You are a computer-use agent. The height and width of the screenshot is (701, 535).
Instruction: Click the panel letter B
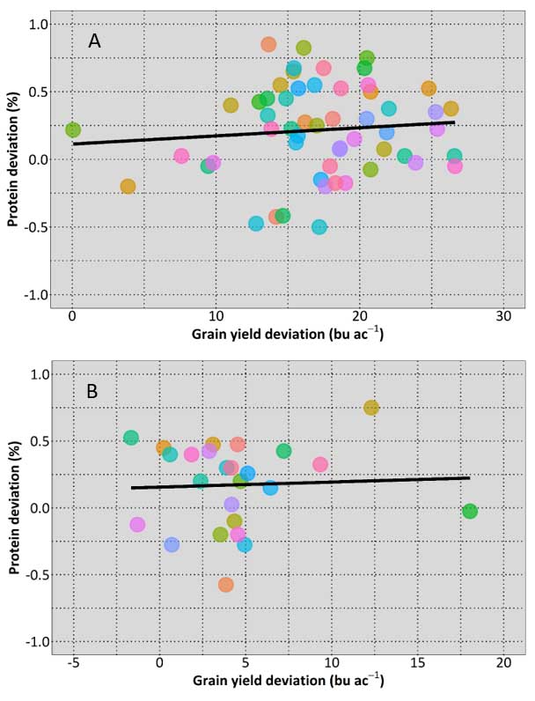coord(92,391)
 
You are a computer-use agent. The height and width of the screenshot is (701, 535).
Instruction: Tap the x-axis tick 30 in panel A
coord(502,316)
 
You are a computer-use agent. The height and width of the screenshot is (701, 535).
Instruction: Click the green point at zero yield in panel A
coord(73,130)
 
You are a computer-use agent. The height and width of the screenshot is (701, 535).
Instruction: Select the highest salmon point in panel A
coord(268,44)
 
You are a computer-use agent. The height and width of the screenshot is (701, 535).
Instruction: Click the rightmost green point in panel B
coord(470,512)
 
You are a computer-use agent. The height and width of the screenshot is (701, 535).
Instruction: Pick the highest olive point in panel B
coord(371,408)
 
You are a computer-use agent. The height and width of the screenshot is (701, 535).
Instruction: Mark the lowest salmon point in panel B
coord(226,584)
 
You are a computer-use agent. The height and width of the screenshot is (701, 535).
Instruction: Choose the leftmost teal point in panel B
coord(131,438)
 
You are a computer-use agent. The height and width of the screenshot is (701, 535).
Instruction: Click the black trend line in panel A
coord(264,133)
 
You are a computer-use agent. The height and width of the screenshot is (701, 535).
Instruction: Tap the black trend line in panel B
coord(299,483)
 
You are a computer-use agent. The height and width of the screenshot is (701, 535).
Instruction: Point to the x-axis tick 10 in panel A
coord(216,316)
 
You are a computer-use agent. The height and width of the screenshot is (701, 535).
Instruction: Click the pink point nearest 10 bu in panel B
coord(320,464)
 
